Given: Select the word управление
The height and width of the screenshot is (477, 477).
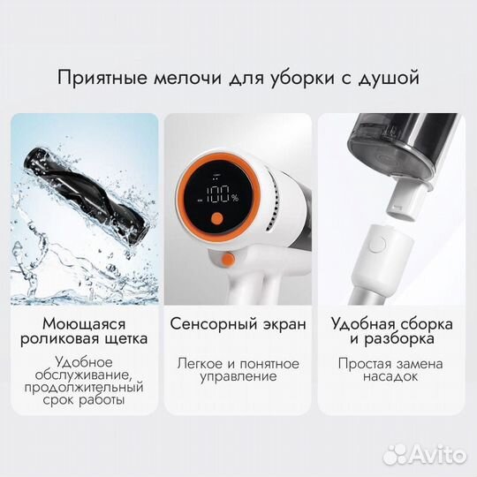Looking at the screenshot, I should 238,377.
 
